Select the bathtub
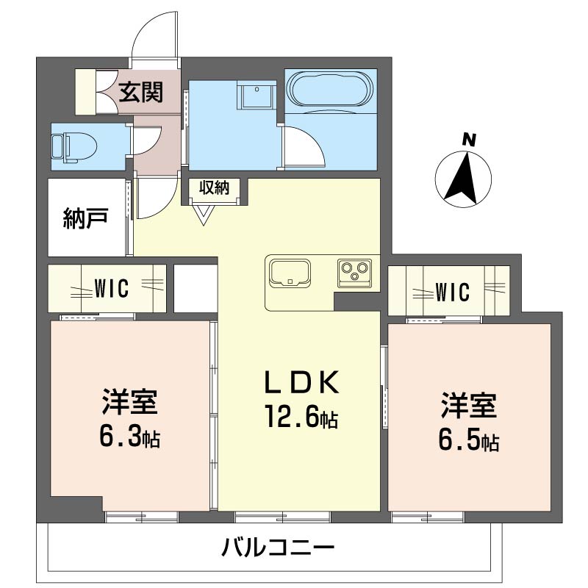point(330,91)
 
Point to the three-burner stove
point(356,273)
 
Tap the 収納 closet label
point(213,187)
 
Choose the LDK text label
point(301,384)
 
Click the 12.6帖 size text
point(301,418)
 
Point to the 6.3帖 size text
point(130,438)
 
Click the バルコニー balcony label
point(277,547)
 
